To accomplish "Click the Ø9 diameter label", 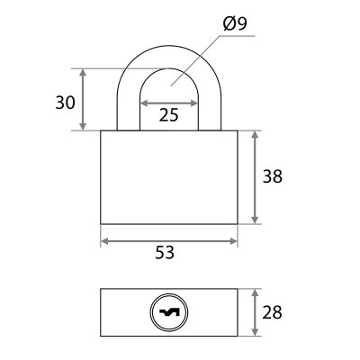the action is coord(235,23).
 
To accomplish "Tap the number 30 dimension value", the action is coord(65,103).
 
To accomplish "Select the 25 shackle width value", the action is coord(169,114).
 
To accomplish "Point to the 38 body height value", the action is coord(273,176).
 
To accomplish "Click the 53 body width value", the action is coord(165,252).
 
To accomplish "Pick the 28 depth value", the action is coord(272,312).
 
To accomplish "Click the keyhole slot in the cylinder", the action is coord(169,312).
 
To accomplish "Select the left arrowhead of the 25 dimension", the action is coord(144,103).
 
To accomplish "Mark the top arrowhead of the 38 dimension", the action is coord(255,135).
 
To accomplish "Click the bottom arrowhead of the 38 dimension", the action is coord(255,220).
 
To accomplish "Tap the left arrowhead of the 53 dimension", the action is coord(104,241).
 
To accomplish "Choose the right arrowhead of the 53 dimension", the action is coord(233,241).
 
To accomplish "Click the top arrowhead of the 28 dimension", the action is coord(255,293).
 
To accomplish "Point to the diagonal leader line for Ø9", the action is coord(195,61).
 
